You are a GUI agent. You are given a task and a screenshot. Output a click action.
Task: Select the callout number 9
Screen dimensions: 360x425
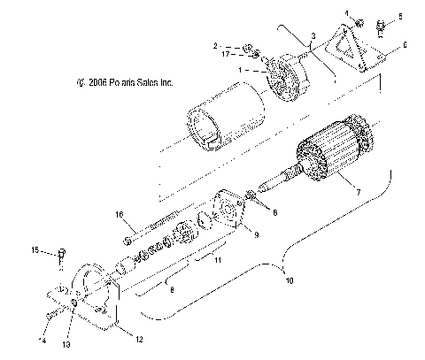coord(256,235)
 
